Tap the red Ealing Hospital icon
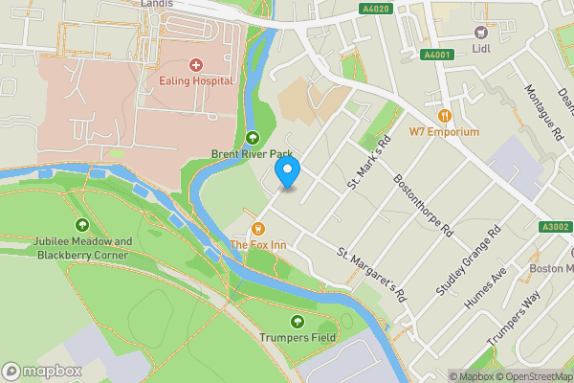point(196,65)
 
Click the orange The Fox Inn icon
point(256,229)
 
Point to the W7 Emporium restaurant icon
point(445,115)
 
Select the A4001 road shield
point(438,56)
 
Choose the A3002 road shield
point(554,227)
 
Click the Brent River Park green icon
point(253,137)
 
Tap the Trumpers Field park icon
point(298,321)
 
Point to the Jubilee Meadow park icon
point(81,225)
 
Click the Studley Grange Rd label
point(475,250)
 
